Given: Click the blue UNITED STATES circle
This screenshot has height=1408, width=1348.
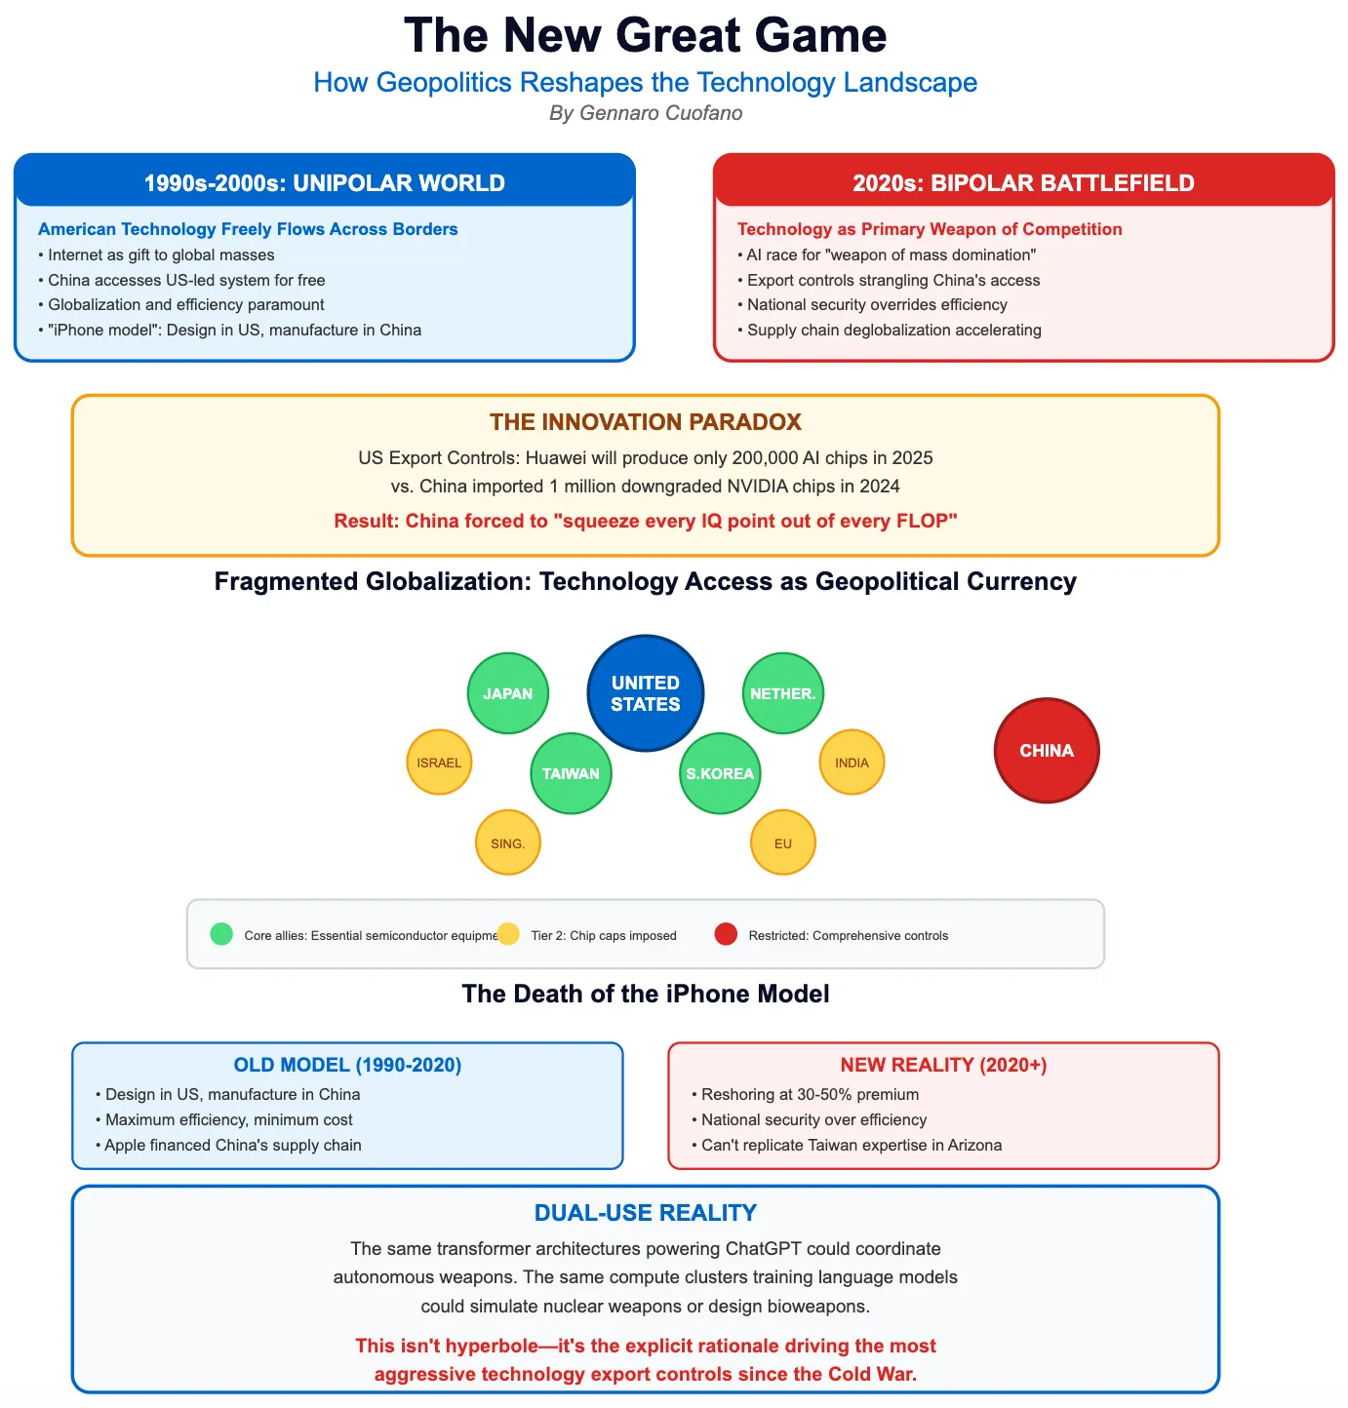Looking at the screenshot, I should (x=646, y=693).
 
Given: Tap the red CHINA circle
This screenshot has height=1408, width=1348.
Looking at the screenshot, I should (x=1047, y=751).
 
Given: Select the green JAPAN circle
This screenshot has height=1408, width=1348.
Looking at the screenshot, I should (x=508, y=693).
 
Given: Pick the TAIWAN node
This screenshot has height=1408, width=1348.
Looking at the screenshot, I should (x=571, y=773).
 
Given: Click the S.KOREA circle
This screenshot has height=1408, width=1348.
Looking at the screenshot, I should (x=720, y=773).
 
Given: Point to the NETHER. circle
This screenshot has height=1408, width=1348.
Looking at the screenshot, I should (x=783, y=693).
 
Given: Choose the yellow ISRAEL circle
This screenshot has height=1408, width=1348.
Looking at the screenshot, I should (x=439, y=763).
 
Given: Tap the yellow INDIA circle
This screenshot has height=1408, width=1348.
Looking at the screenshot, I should (x=852, y=763).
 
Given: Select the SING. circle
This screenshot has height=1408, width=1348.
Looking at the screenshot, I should (x=508, y=842).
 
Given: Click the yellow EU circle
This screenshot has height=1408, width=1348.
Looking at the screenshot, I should (x=783, y=842).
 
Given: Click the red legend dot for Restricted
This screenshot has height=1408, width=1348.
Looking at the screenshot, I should (x=726, y=934).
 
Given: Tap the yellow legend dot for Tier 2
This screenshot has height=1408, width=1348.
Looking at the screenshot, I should (x=508, y=934).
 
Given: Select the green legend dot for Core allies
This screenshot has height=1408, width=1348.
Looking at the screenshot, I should (x=221, y=934).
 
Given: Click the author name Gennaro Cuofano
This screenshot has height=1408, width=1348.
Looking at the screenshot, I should (x=660, y=113).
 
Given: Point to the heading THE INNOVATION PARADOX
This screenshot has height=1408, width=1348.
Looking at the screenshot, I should (x=646, y=422).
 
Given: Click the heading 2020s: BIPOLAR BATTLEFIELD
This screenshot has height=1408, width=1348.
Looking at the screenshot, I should (x=1023, y=183).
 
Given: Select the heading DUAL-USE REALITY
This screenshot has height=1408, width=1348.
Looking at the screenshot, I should (x=646, y=1213).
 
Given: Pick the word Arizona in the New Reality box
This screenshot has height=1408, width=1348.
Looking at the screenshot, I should (x=971, y=1145).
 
